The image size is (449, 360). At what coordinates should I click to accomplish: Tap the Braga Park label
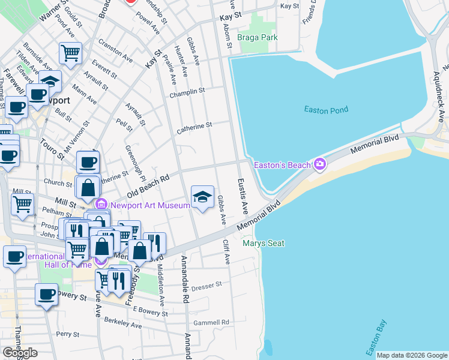(x=256, y=37)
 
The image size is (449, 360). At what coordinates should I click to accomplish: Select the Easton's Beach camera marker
(x=319, y=164)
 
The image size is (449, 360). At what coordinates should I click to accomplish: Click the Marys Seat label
(x=263, y=243)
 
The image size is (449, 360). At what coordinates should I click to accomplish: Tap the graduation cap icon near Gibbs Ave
(x=202, y=196)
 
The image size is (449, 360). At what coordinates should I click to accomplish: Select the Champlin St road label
(x=187, y=91)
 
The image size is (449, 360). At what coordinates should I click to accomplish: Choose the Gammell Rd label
(x=215, y=322)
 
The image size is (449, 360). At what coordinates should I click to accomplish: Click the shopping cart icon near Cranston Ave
(x=70, y=53)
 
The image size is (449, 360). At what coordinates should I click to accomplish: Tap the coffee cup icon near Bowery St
(x=46, y=294)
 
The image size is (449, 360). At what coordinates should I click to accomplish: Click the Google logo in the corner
(x=20, y=352)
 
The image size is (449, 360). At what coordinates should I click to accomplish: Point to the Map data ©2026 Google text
(x=411, y=355)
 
